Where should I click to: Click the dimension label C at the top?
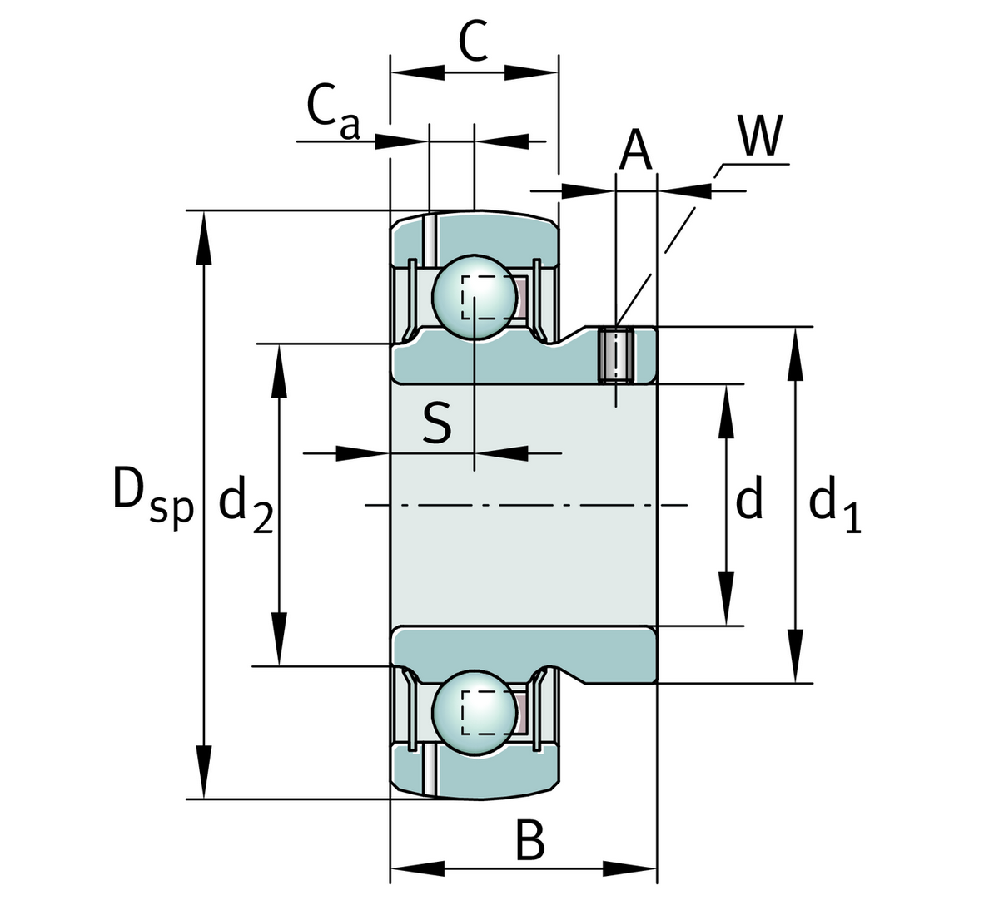[x=473, y=42]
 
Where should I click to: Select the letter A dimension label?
[x=636, y=151]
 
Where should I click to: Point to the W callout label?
[x=761, y=136]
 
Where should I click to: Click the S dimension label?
[x=436, y=423]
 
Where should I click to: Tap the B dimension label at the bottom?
[x=530, y=841]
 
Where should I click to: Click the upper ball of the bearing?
[x=474, y=297]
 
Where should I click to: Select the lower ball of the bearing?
[x=474, y=713]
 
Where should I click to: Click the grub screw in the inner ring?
[x=616, y=355]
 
